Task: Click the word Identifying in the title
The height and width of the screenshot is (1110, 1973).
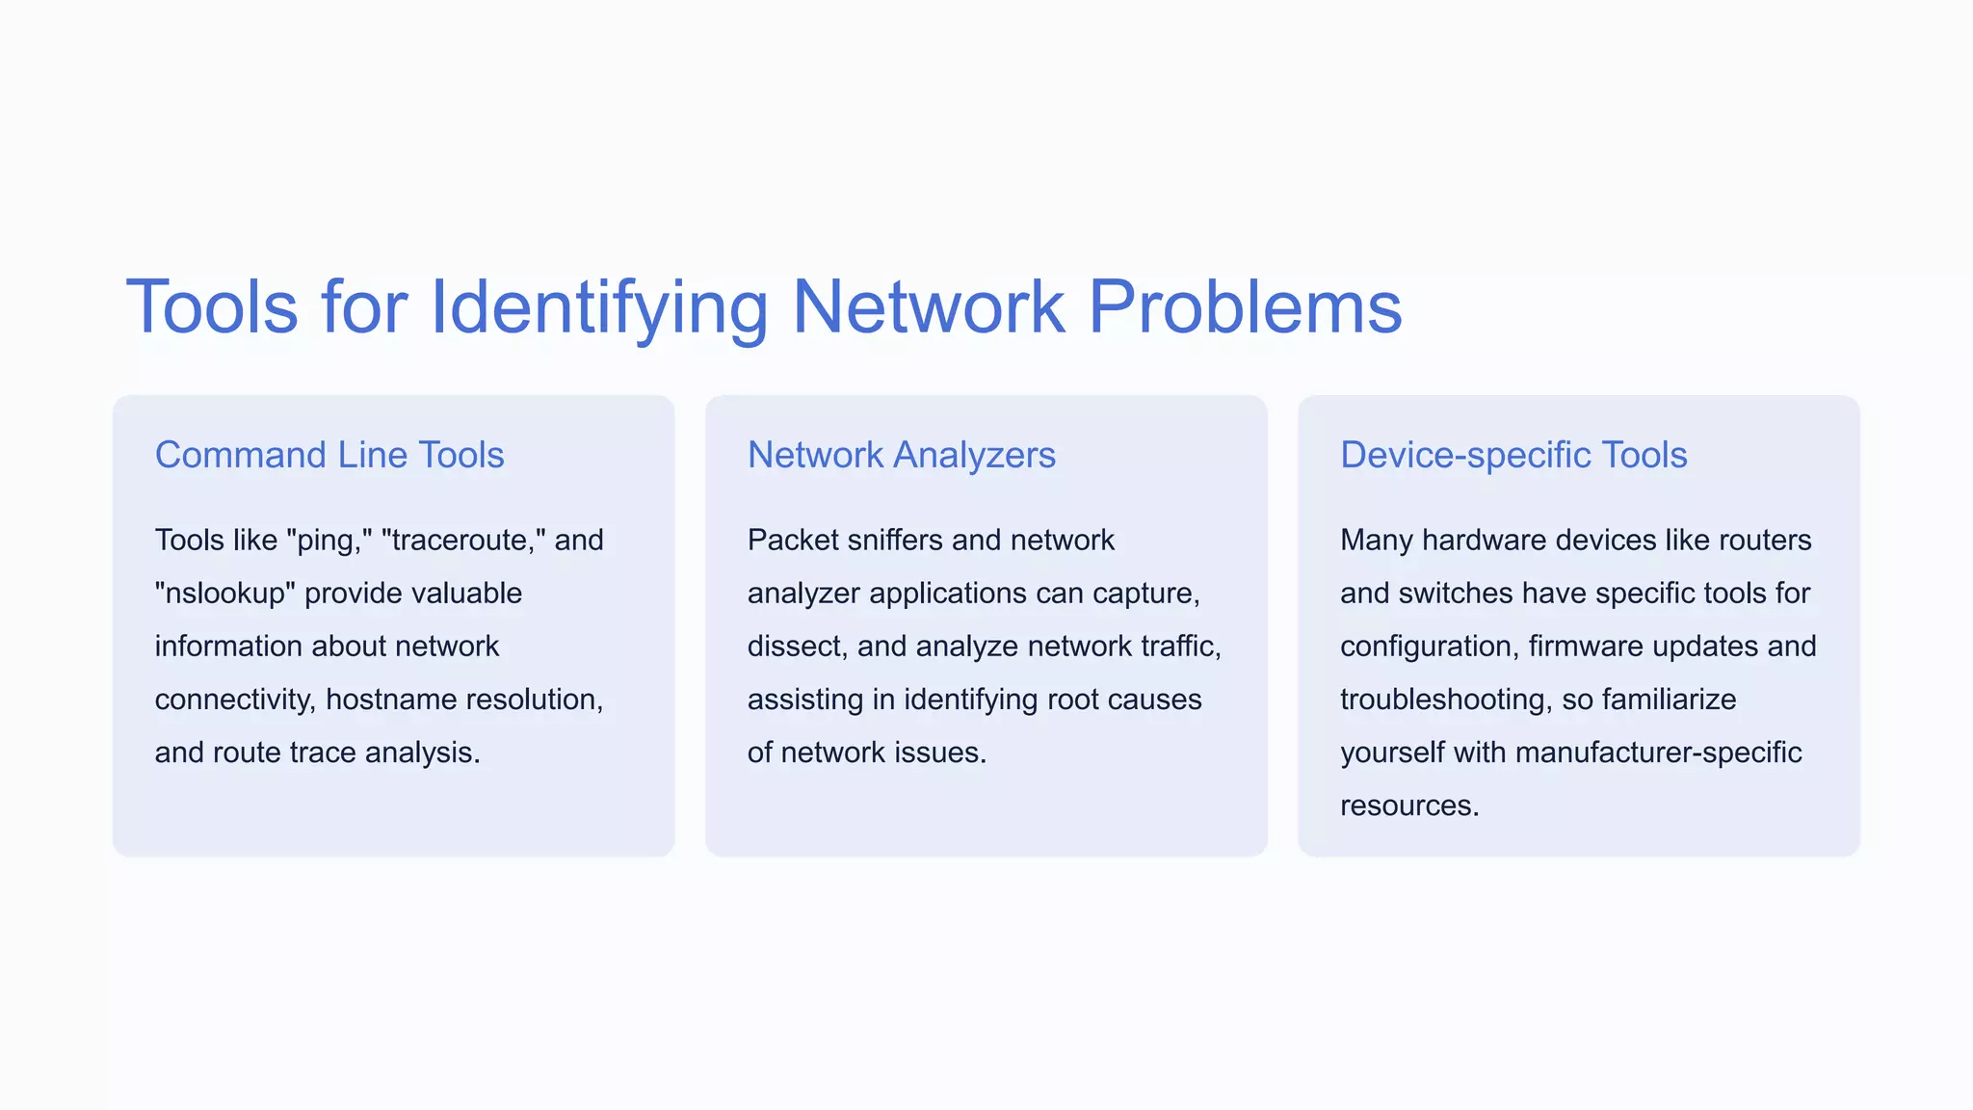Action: point(598,308)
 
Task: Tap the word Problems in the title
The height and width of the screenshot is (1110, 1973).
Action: point(1245,308)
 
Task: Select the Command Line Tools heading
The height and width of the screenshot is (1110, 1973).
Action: point(329,455)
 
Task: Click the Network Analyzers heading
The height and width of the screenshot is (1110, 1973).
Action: point(901,455)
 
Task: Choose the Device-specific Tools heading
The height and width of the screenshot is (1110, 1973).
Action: point(1513,455)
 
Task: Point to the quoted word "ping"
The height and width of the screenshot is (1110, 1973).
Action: point(329,540)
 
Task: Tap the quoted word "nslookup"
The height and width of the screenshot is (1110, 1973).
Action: point(224,593)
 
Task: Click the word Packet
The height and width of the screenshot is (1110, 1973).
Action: point(792,540)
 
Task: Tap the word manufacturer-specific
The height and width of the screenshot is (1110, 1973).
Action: point(1658,752)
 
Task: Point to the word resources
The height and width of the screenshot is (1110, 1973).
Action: point(1408,805)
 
